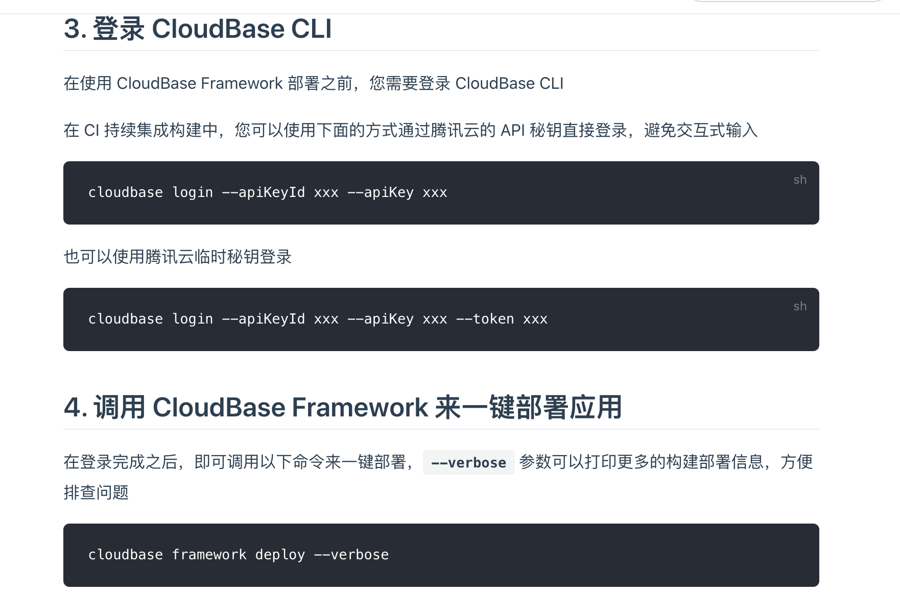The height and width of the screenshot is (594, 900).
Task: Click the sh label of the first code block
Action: coord(800,180)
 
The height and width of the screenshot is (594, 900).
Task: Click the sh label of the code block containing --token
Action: coord(800,306)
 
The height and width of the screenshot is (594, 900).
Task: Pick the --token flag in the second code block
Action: coord(485,319)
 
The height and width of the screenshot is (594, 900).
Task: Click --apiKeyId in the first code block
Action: coord(263,192)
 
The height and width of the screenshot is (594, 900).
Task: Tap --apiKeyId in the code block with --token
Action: coord(263,319)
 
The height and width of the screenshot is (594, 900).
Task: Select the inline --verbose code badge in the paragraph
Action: coord(468,463)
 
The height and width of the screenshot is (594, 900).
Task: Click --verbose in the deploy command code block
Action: coord(351,555)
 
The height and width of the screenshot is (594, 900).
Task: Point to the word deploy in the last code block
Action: coord(280,555)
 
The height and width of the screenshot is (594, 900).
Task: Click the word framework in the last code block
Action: coord(209,555)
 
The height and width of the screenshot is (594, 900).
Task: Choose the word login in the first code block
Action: coord(193,192)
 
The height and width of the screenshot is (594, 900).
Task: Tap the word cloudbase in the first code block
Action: coord(126,192)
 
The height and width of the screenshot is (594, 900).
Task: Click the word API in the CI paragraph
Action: coord(513,131)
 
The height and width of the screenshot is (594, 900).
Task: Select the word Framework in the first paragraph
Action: coord(242,83)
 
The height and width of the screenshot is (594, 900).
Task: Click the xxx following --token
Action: coord(535,319)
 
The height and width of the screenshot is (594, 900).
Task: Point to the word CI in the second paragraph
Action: coord(91,131)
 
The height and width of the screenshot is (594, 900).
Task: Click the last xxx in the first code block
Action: coord(435,192)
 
